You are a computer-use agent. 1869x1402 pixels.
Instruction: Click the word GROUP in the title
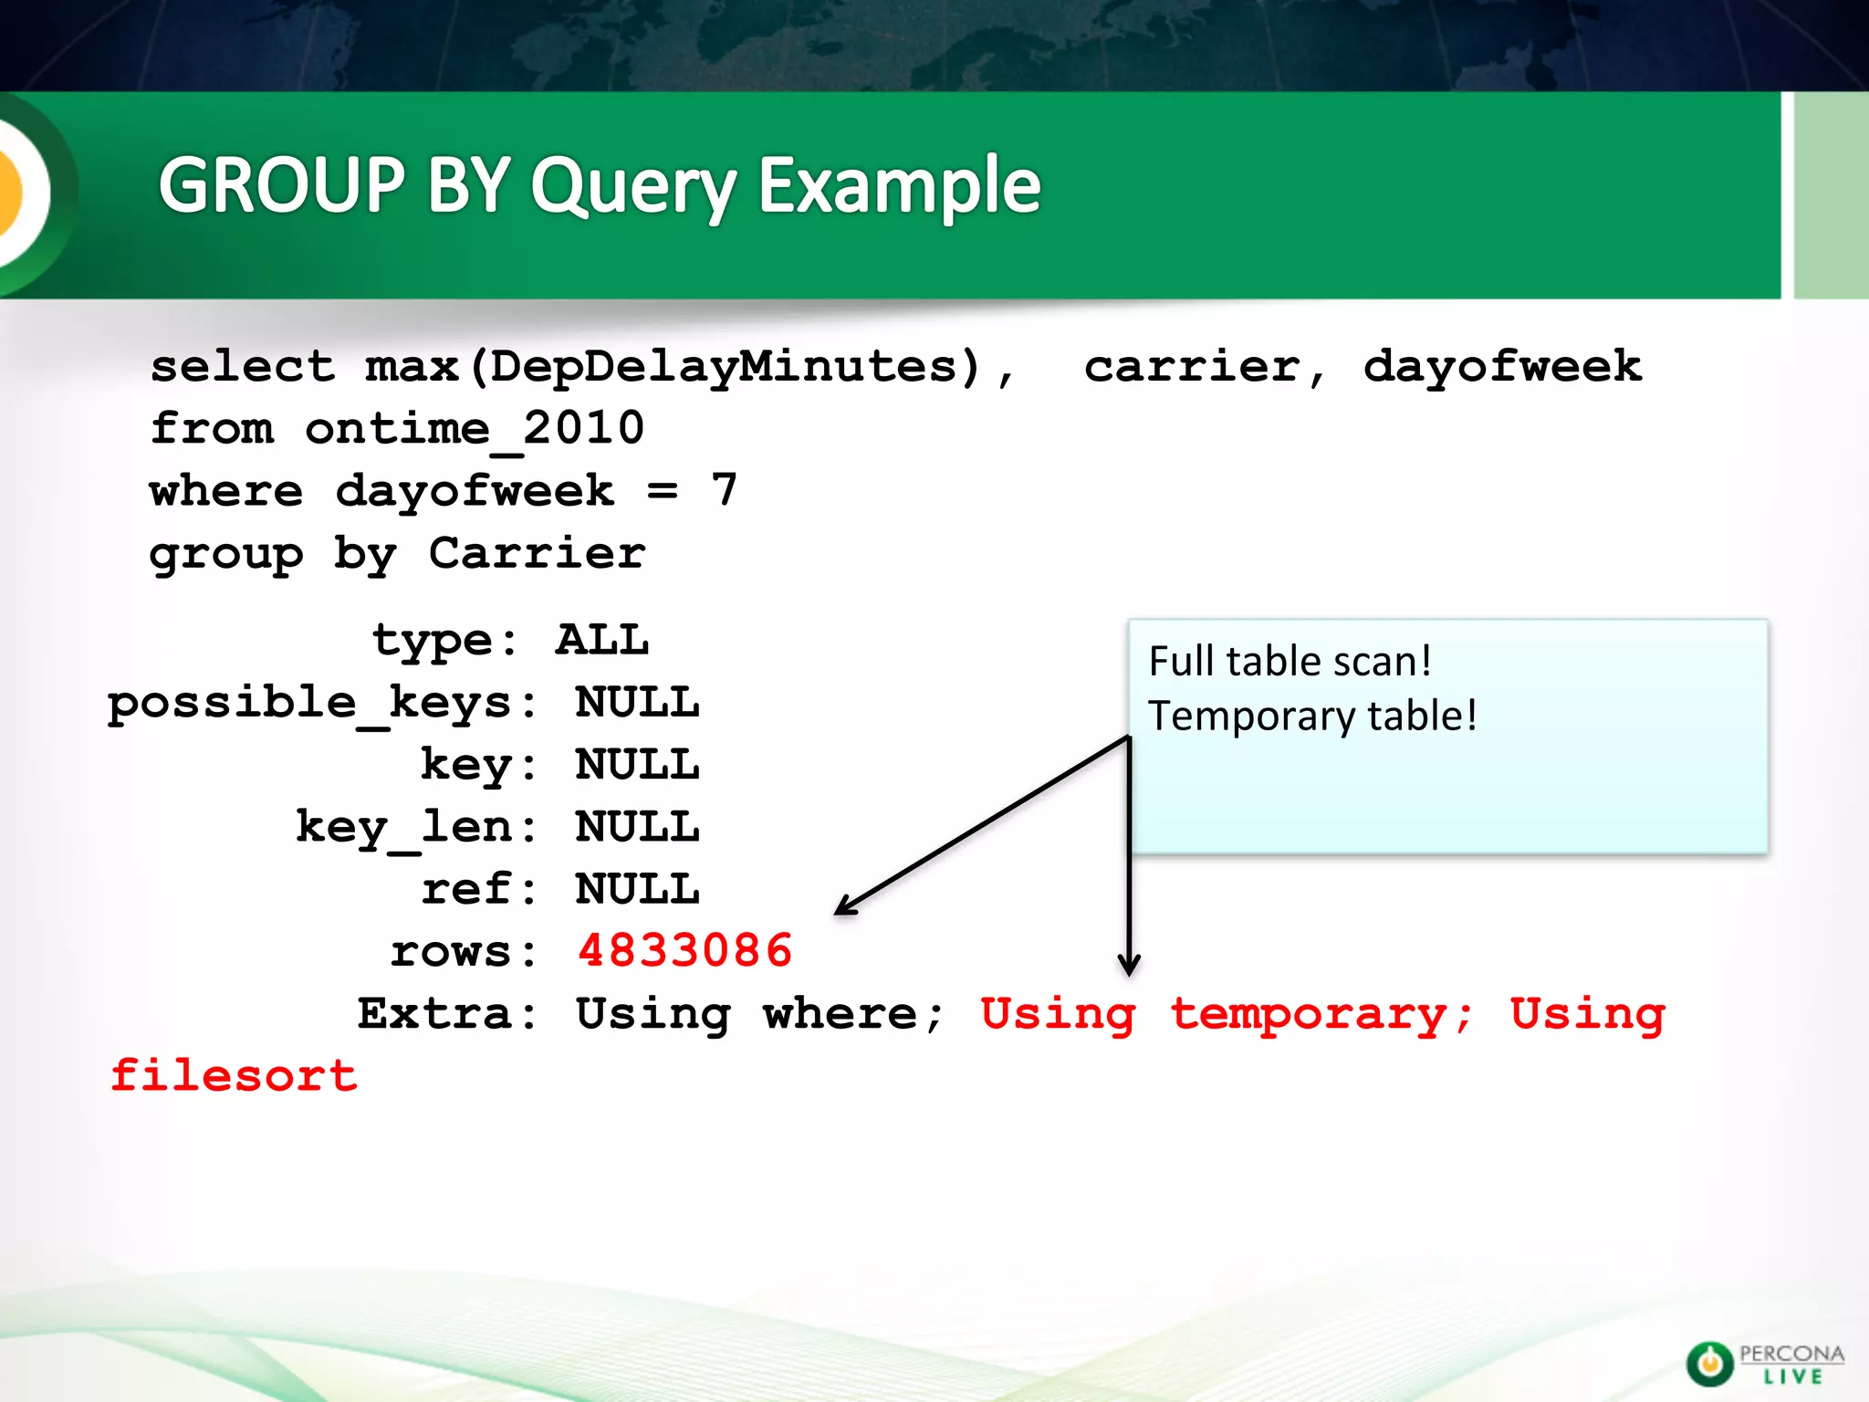pyautogui.click(x=281, y=185)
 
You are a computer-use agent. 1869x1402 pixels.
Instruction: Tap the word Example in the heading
pyautogui.click(x=899, y=185)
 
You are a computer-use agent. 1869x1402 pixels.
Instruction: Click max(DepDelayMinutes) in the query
pyautogui.click(x=673, y=367)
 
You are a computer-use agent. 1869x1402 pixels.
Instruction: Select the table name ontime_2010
pyautogui.click(x=475, y=429)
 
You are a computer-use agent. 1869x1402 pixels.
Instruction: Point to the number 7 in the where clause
pyautogui.click(x=724, y=490)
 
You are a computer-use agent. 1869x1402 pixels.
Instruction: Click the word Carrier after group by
pyautogui.click(x=537, y=553)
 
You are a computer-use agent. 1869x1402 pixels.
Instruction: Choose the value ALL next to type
pyautogui.click(x=602, y=640)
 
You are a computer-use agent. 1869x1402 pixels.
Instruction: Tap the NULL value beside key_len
pyautogui.click(x=637, y=827)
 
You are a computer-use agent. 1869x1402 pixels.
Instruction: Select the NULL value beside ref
pyautogui.click(x=637, y=889)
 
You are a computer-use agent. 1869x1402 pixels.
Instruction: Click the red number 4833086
pyautogui.click(x=684, y=951)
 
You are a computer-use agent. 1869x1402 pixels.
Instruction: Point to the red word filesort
pyautogui.click(x=234, y=1076)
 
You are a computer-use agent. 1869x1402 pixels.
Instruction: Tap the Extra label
pyautogui.click(x=434, y=1014)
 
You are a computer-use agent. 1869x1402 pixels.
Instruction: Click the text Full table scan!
pyautogui.click(x=1290, y=662)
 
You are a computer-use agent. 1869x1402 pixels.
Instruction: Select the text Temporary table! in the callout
pyautogui.click(x=1312, y=717)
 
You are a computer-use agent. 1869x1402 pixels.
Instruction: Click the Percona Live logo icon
pyautogui.click(x=1708, y=1364)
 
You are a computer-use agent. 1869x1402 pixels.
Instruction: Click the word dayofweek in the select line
pyautogui.click(x=1502, y=367)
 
